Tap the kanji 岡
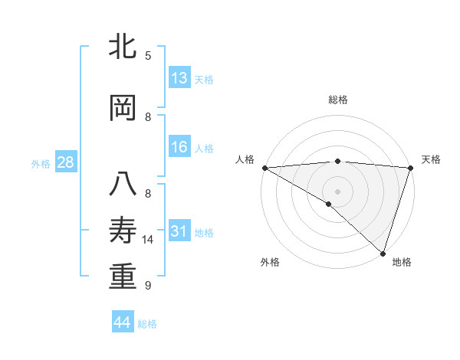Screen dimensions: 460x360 [123, 109]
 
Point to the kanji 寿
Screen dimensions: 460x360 [123, 231]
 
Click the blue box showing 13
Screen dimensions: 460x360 [179, 78]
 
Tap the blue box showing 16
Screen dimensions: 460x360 [179, 148]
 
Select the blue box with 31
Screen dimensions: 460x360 [179, 231]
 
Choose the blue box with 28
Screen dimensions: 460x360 [65, 162]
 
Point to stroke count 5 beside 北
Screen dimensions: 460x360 [148, 55]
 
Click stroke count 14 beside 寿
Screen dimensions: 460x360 [148, 240]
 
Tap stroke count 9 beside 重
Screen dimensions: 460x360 [148, 286]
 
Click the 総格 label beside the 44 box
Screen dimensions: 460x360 [147, 324]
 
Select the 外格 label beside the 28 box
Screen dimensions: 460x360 [41, 163]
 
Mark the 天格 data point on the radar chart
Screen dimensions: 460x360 [410, 168]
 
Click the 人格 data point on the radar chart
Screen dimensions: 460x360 [264, 168]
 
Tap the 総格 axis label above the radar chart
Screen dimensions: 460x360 [337, 100]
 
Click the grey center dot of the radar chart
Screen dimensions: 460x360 [337, 191]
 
